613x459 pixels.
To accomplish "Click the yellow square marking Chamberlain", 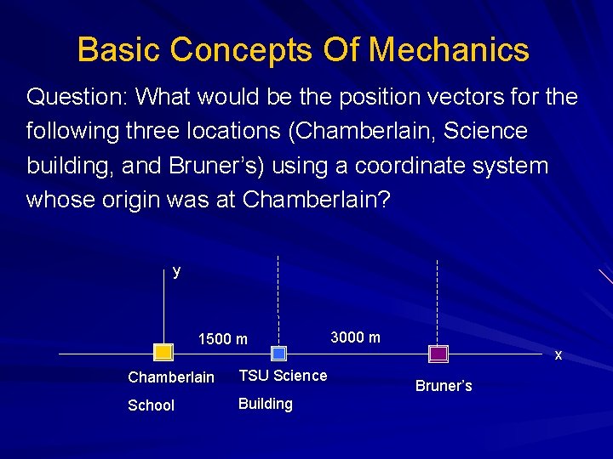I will coord(163,353).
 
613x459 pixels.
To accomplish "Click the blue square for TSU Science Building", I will coord(278,353).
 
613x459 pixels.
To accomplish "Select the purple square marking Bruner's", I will coord(438,353).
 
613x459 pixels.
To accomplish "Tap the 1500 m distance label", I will coord(222,339).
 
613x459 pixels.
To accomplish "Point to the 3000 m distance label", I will coord(355,337).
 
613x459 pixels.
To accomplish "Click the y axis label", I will coord(176,271).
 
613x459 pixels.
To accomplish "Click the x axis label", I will coord(559,354).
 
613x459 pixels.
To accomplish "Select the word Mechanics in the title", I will coord(449,50).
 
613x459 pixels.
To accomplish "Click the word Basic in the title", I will coord(118,50).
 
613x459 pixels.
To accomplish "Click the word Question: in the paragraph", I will coord(77,97).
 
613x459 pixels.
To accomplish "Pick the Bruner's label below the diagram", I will coord(444,386).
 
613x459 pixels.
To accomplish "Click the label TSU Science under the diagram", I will coord(283,375).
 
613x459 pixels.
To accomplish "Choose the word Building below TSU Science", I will coord(265,404).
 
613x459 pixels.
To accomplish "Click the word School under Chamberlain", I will coord(151,405).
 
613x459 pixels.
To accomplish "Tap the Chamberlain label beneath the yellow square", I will coord(170,377).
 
